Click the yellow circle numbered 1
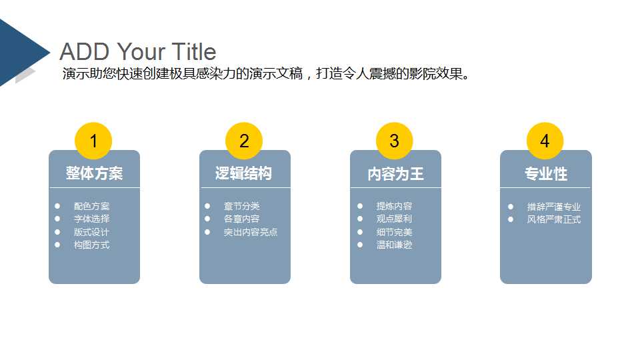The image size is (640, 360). point(93,141)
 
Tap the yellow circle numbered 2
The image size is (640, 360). point(244,141)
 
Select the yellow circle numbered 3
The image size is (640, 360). point(395,141)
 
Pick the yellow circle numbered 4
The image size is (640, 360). point(545,141)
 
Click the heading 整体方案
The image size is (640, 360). point(94,173)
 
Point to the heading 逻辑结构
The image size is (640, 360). point(244,173)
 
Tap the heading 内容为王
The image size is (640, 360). point(395,174)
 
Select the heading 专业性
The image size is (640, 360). point(545,174)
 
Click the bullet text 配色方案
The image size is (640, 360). point(91,207)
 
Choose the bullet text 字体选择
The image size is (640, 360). point(91,219)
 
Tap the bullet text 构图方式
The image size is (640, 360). point(91,245)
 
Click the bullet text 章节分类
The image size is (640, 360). point(241,207)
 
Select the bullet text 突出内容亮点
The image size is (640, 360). point(251,232)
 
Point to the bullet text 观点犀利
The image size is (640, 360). point(394,219)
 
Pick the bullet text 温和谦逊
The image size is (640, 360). point(394,245)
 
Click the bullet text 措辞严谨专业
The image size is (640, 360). point(553,207)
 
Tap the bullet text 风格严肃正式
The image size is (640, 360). point(553,219)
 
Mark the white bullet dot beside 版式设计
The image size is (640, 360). point(58,232)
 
